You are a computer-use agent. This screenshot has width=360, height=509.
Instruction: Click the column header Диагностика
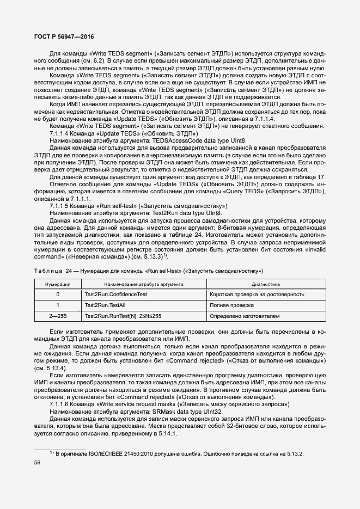click(x=265, y=284)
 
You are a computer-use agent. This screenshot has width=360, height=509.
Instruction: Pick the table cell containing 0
click(x=58, y=295)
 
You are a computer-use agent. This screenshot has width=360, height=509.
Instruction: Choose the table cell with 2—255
click(x=58, y=316)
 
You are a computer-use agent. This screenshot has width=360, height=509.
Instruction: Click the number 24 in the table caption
click(x=69, y=270)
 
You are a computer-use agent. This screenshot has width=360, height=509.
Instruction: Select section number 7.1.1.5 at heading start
click(x=60, y=206)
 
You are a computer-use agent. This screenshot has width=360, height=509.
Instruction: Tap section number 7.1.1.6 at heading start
click(x=60, y=404)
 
